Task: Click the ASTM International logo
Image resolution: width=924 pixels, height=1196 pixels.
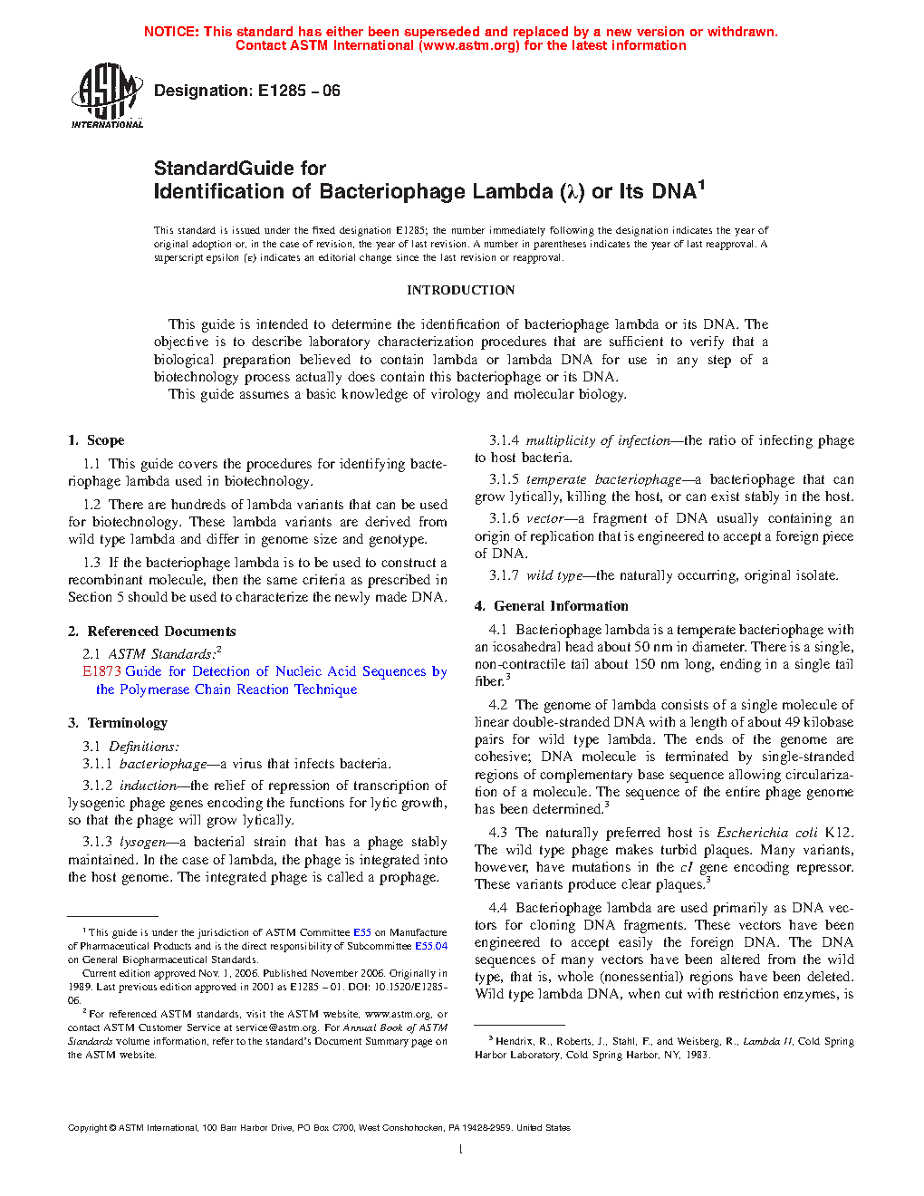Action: [107, 95]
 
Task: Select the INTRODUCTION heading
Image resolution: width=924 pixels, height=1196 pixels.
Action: [460, 290]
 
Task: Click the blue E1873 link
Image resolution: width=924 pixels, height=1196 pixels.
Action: [101, 671]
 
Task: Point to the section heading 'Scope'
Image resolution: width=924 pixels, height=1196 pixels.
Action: [105, 440]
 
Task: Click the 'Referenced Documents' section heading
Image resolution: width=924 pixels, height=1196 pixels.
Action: [161, 632]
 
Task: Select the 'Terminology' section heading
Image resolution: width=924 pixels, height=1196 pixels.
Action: [127, 723]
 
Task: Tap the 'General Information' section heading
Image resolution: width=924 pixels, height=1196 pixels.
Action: [561, 606]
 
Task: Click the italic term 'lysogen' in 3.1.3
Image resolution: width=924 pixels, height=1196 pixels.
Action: [143, 842]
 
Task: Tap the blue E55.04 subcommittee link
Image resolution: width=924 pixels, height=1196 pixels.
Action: [430, 946]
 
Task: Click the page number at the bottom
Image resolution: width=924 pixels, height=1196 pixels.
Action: [461, 1150]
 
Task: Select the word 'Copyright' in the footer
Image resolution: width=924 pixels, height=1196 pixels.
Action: [87, 1128]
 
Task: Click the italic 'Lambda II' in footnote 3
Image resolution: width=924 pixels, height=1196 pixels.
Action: [767, 1041]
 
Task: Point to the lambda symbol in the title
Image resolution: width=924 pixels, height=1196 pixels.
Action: [571, 192]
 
